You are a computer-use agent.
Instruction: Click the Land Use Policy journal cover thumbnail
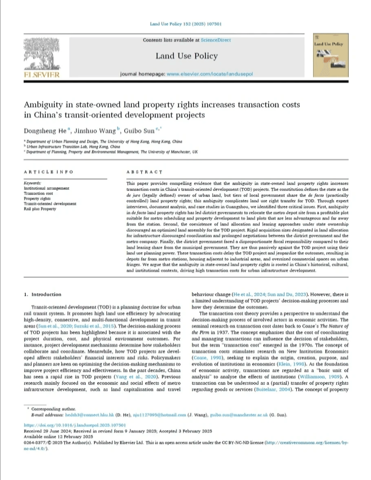[331, 56]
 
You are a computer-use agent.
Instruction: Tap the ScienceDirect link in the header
[216, 40]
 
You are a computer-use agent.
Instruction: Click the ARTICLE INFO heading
[49, 172]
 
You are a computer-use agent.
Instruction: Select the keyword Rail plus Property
[40, 209]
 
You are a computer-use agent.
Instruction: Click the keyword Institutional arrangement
[46, 188]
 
